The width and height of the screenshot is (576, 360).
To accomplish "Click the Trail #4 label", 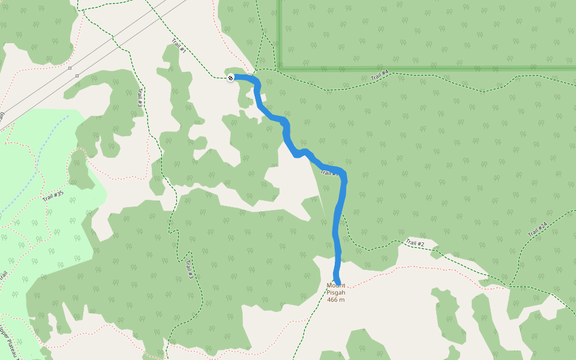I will coord(380,76).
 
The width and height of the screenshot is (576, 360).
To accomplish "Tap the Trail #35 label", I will coord(53,196).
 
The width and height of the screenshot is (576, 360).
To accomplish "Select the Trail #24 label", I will coord(538,229).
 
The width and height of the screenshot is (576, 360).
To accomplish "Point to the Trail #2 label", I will coord(415,243).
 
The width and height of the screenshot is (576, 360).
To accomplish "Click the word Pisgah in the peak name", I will coord(336,292).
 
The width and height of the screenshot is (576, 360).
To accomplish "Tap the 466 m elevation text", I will coord(336,299).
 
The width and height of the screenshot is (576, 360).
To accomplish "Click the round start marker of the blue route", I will coord(231,77).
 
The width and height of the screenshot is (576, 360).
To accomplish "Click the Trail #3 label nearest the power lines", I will coord(140,98).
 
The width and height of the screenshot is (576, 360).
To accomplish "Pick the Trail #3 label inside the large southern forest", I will coord(189,268).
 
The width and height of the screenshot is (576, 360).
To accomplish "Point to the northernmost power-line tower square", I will coord(70,68).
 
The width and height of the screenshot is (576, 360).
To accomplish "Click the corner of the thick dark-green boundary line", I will coord(280,68).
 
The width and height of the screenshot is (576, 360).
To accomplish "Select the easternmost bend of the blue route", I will coord(344,180).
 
